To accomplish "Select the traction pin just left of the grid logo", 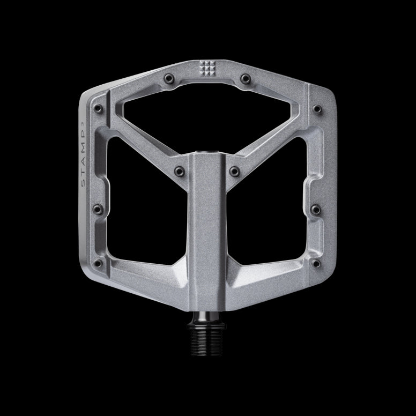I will pyautogui.click(x=168, y=79).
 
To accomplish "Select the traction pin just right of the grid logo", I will pyautogui.click(x=246, y=79).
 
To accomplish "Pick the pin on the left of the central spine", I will pyautogui.click(x=180, y=171).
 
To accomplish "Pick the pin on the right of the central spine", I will pyautogui.click(x=234, y=171).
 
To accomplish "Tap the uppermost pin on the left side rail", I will pyautogui.click(x=98, y=109).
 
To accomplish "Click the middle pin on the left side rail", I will pyautogui.click(x=98, y=209).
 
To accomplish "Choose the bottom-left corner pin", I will pyautogui.click(x=98, y=263).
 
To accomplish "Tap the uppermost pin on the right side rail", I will pyautogui.click(x=317, y=109).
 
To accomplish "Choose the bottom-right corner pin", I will pyautogui.click(x=316, y=263).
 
